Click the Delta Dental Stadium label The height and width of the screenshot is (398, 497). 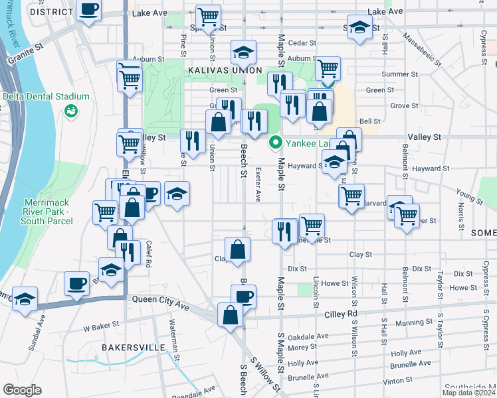(x=45, y=96)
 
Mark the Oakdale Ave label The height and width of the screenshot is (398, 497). (x=313, y=336)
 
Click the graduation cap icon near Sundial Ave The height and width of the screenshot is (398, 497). (x=25, y=298)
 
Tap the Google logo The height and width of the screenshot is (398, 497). (x=22, y=390)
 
